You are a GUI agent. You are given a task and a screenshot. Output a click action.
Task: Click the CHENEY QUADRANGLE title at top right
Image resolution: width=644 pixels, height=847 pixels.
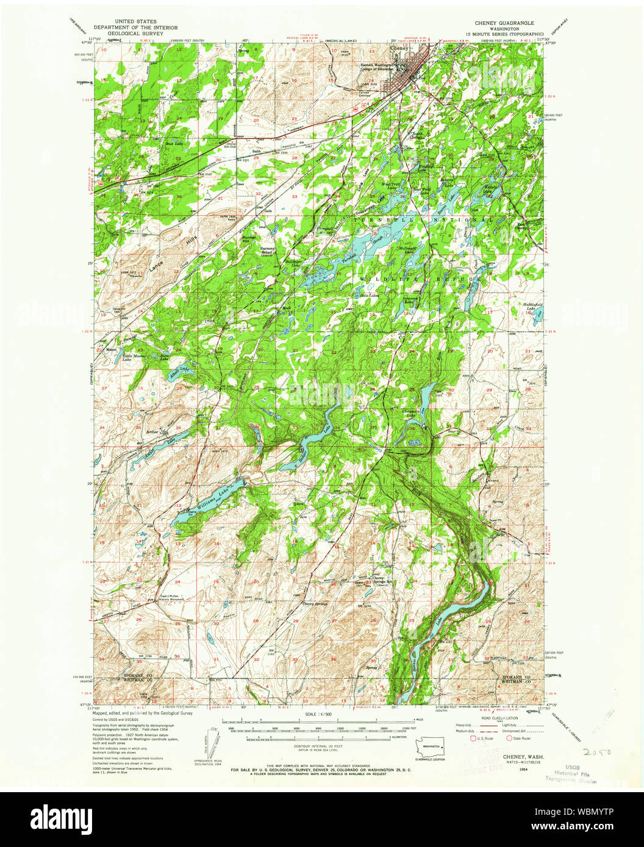[504, 23]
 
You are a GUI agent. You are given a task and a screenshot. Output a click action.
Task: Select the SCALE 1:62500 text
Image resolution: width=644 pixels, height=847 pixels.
[319, 714]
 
